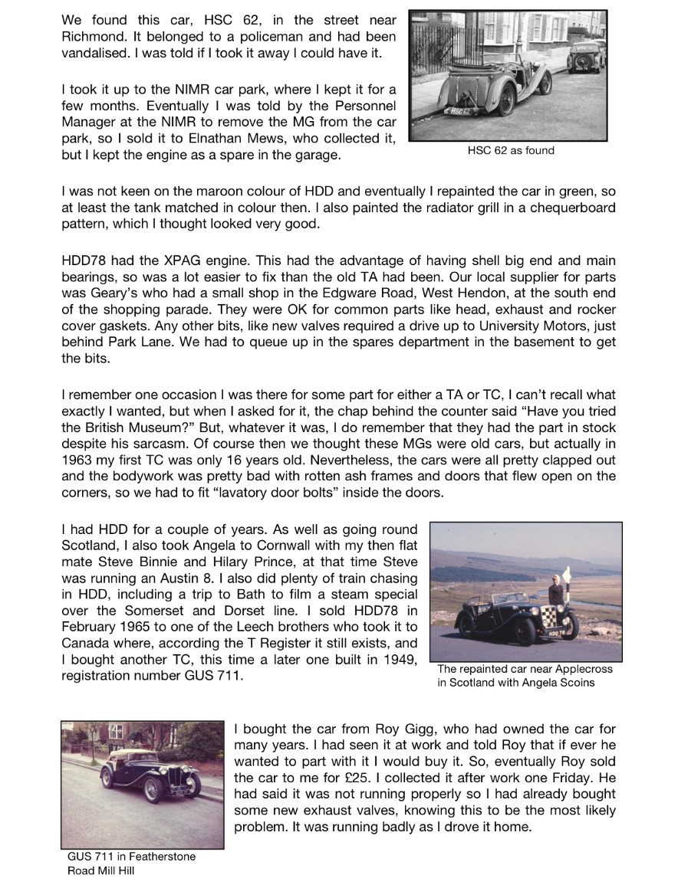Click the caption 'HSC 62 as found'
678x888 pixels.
(x=510, y=151)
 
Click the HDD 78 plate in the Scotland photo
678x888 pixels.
(x=558, y=634)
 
